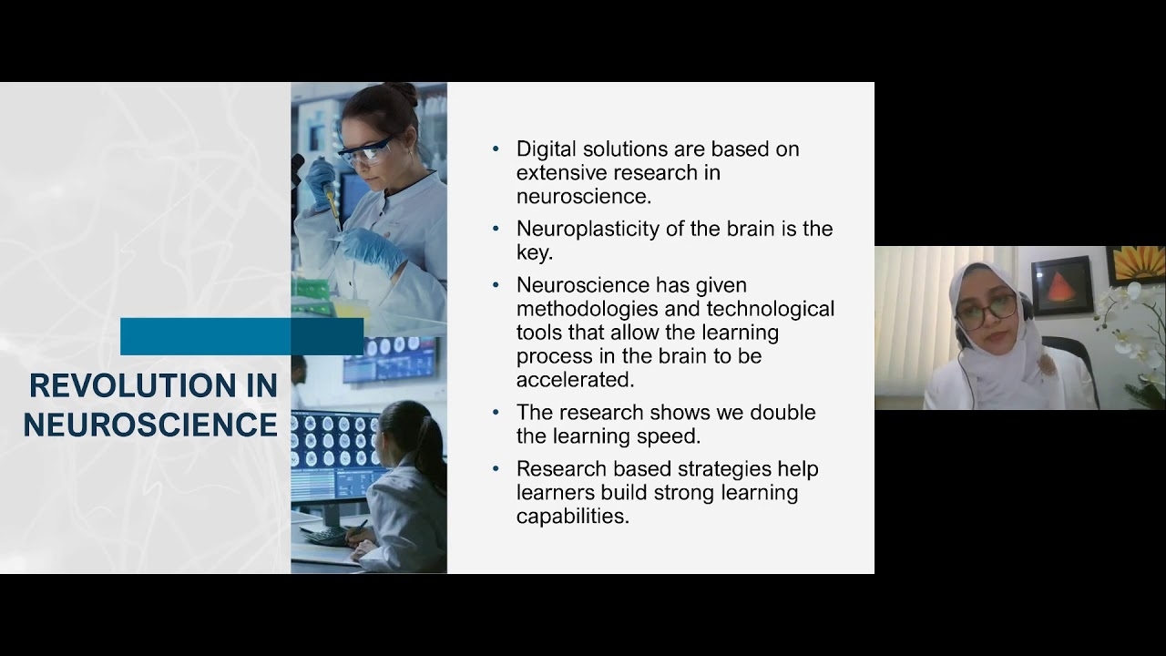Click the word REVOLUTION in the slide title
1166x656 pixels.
(132, 385)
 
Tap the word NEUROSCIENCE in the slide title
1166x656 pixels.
(150, 425)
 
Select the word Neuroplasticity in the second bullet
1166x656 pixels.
(588, 230)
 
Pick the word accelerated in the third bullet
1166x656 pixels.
(575, 380)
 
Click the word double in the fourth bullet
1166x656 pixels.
(782, 413)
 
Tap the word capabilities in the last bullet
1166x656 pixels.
(573, 517)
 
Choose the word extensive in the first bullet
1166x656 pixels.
(560, 173)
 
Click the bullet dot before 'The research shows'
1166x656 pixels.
(496, 413)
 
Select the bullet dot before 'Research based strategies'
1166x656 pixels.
(496, 469)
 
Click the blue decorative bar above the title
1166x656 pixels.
(241, 336)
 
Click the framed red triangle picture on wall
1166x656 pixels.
(1062, 285)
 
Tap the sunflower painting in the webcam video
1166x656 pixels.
(1135, 265)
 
